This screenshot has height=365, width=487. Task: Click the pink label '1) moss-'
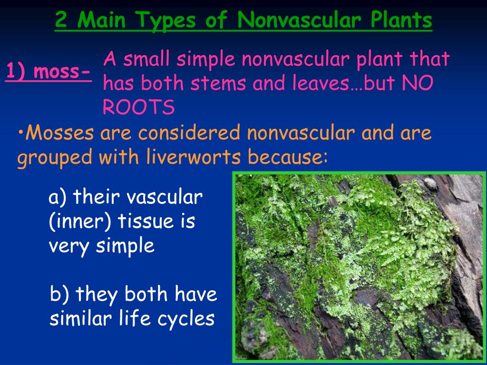pos(48,72)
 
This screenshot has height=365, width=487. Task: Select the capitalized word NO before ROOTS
pos(418,84)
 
